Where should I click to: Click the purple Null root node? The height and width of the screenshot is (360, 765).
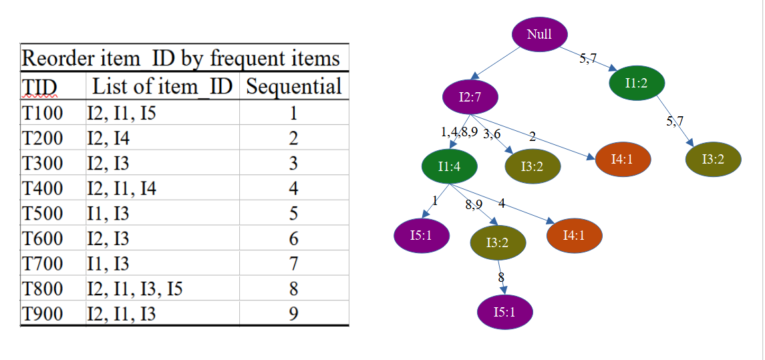click(539, 34)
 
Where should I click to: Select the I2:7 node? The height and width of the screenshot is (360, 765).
click(470, 98)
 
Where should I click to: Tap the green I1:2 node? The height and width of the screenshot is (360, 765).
click(637, 83)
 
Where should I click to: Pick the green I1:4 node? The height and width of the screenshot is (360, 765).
click(449, 167)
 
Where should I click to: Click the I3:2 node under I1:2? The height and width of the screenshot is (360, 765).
click(713, 159)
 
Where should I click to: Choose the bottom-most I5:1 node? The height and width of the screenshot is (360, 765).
click(504, 312)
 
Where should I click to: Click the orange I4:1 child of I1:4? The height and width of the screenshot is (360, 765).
click(575, 235)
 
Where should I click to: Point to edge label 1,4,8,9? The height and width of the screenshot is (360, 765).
click(460, 132)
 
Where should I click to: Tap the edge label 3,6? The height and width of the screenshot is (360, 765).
click(492, 134)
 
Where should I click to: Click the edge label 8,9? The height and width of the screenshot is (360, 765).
click(474, 205)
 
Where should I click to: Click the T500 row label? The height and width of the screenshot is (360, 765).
click(42, 214)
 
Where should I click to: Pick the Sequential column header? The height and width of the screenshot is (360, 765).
click(293, 86)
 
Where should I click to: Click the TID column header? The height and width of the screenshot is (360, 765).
click(40, 87)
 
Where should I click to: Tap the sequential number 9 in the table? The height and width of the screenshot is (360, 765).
click(293, 313)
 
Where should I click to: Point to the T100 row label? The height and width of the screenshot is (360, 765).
click(42, 113)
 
